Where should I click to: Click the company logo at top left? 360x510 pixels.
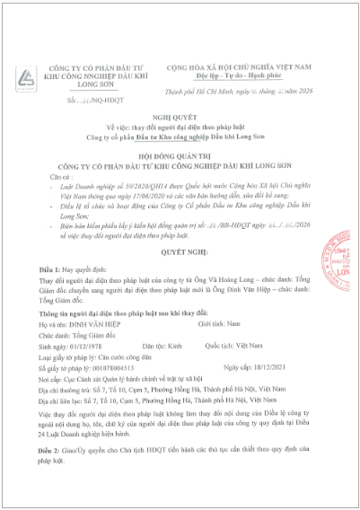30,77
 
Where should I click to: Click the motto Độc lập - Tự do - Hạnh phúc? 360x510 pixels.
240,76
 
